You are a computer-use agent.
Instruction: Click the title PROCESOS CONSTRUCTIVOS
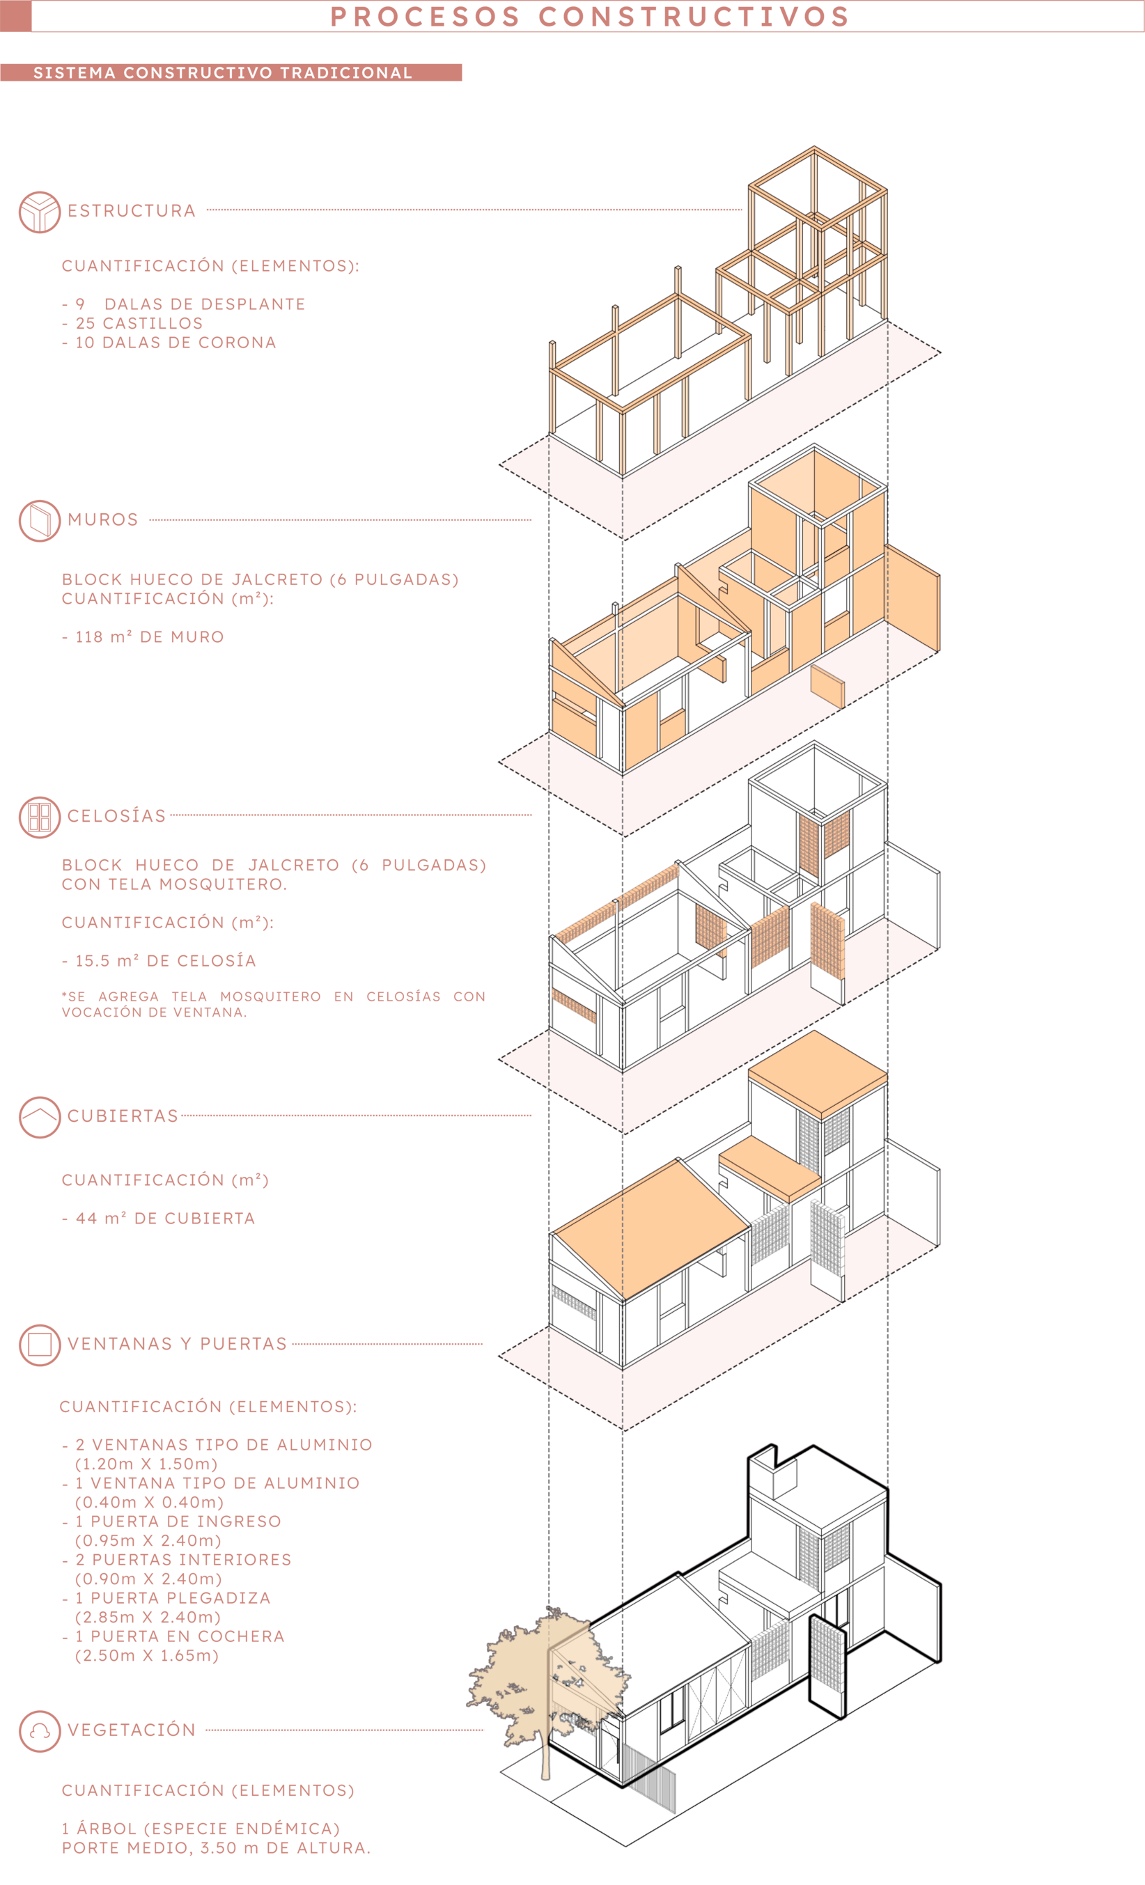(x=589, y=17)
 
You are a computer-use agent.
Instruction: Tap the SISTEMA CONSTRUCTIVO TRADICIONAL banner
(x=223, y=72)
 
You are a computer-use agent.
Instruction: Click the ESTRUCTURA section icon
(x=39, y=212)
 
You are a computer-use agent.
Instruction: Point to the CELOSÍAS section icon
(x=39, y=817)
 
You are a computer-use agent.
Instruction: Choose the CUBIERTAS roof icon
(x=39, y=1117)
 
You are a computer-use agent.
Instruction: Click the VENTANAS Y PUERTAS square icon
(x=39, y=1344)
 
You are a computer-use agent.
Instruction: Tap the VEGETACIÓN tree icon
(x=39, y=1730)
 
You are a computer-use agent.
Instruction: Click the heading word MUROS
(x=102, y=520)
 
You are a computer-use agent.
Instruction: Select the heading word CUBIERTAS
(x=123, y=1116)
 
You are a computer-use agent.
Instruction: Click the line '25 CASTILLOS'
(x=138, y=324)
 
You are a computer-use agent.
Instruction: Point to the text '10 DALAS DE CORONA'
(x=176, y=343)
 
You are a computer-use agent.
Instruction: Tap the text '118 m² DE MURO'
(x=149, y=637)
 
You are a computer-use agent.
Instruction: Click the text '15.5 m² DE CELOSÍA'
(x=165, y=962)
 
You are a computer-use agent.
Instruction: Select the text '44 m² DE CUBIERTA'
(x=164, y=1219)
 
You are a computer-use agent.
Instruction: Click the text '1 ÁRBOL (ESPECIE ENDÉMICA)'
(x=201, y=1829)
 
